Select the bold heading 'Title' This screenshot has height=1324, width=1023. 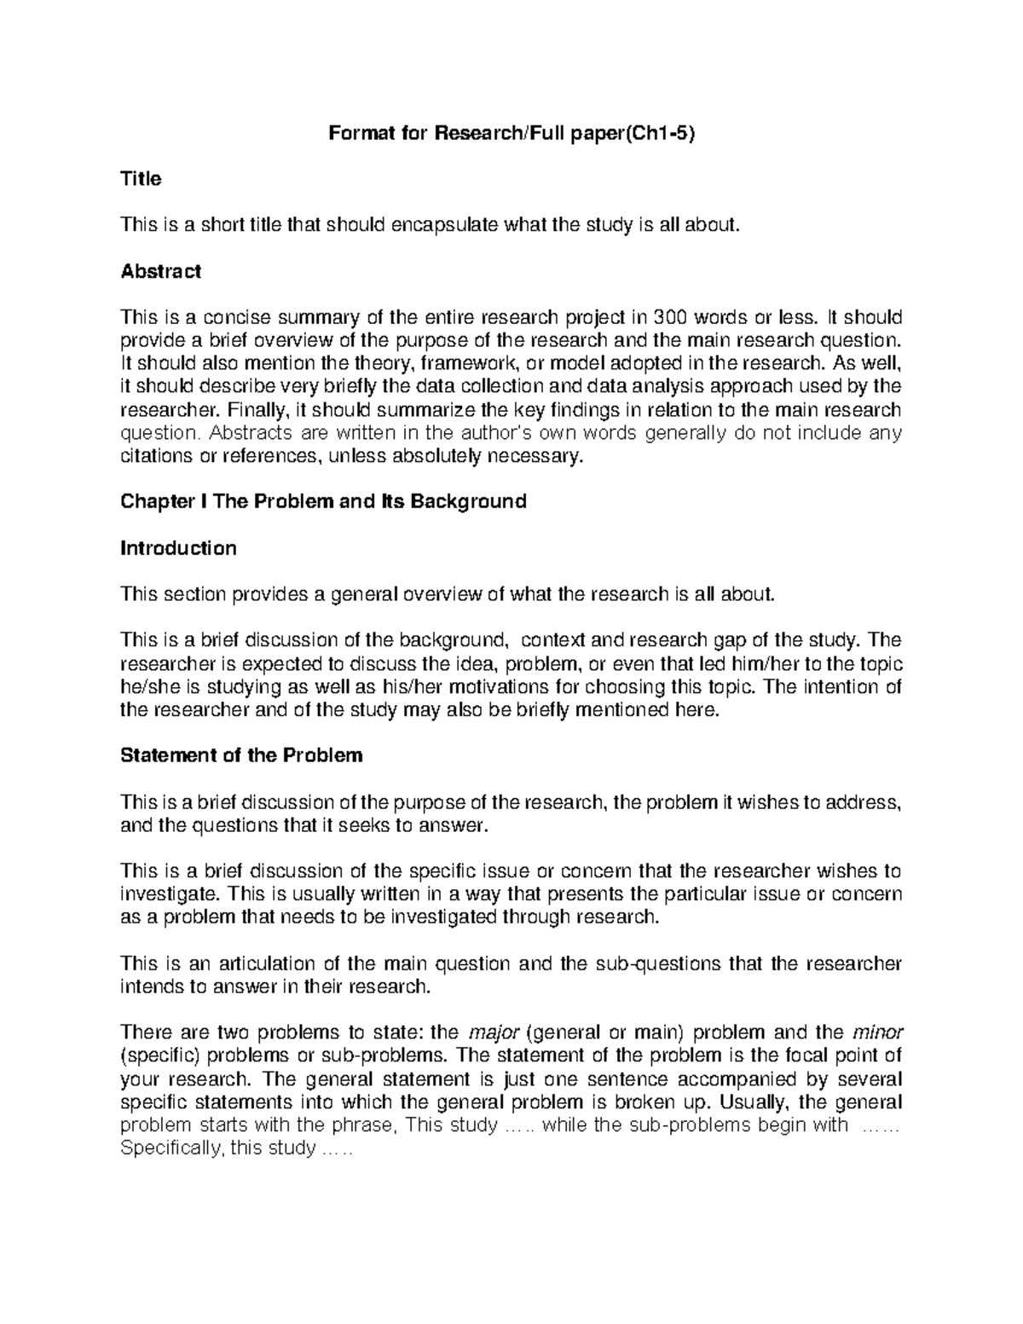141,179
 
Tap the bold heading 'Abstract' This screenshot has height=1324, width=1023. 161,272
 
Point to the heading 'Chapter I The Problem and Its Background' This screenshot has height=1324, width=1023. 323,501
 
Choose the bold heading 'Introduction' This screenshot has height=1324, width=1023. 178,548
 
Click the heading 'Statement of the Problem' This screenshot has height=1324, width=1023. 241,756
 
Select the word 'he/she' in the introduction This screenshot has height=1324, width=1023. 148,687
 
